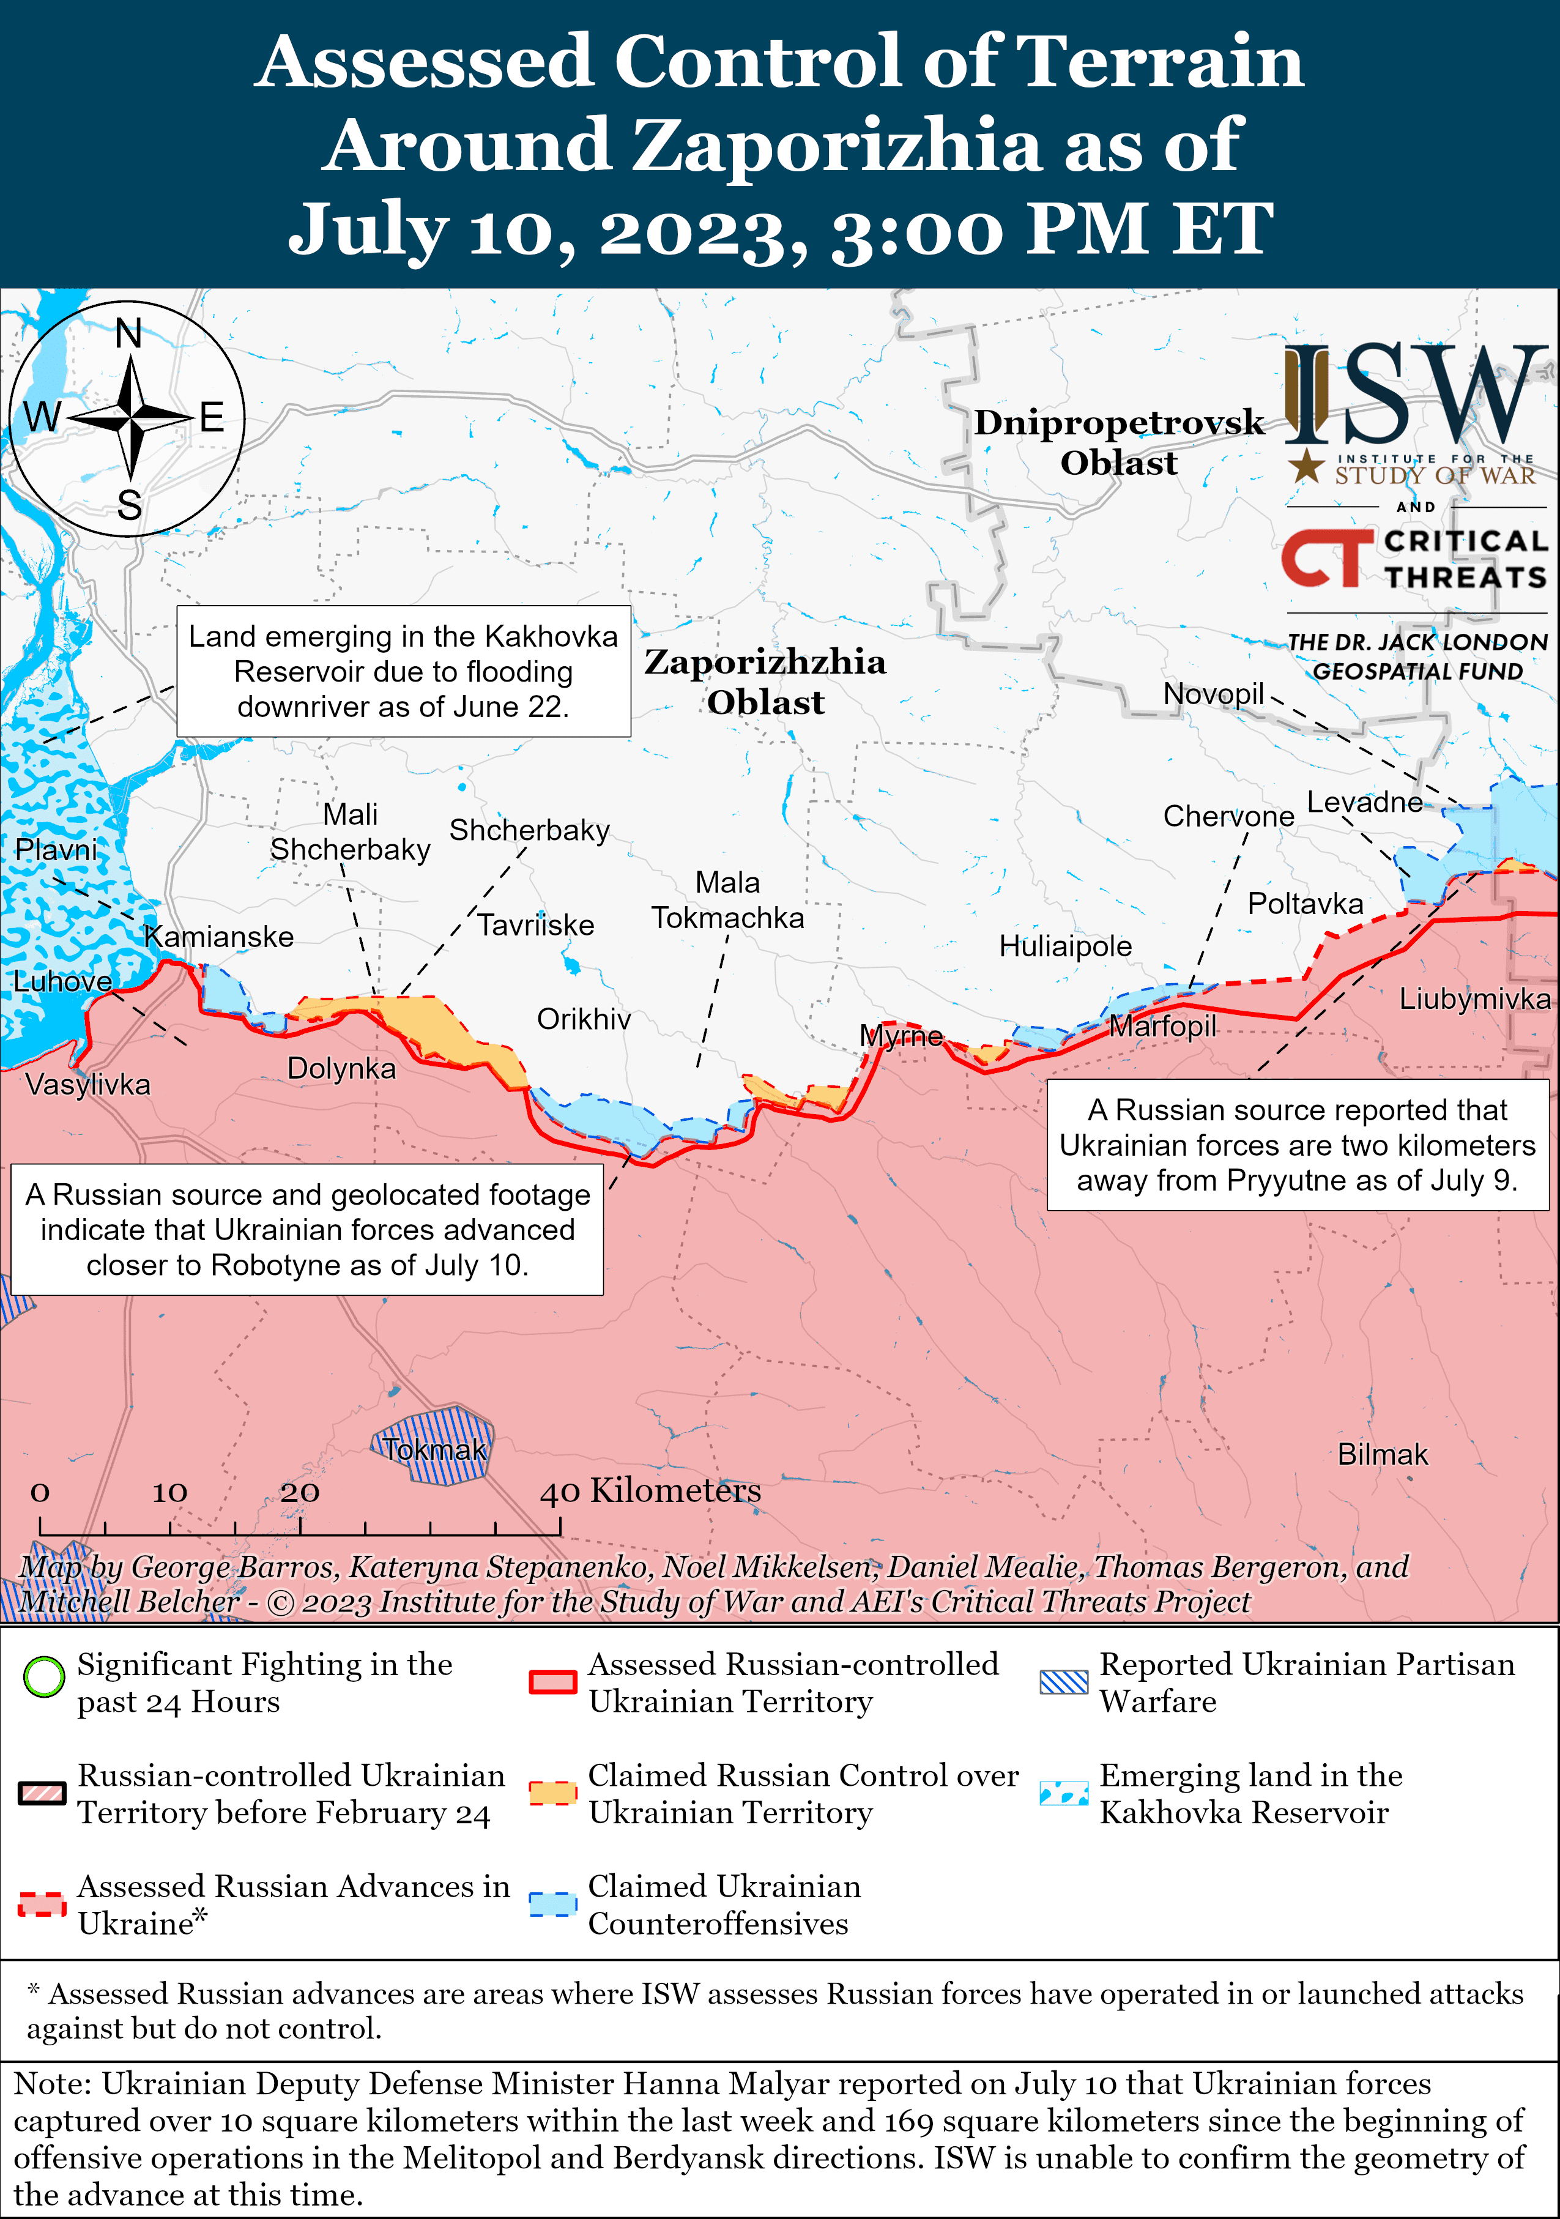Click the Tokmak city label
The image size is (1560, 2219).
434,1450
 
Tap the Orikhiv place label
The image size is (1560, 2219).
584,1019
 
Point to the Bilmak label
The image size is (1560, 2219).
1382,1454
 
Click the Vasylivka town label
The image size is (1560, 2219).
88,1084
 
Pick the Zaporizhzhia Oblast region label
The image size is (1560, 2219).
765,682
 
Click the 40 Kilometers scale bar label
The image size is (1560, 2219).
650,1490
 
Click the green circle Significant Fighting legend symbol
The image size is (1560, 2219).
43,1677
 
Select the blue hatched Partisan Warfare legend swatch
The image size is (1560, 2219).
1063,1682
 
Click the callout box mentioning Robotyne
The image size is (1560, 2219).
307,1229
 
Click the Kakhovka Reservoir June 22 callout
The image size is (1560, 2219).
403,672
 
